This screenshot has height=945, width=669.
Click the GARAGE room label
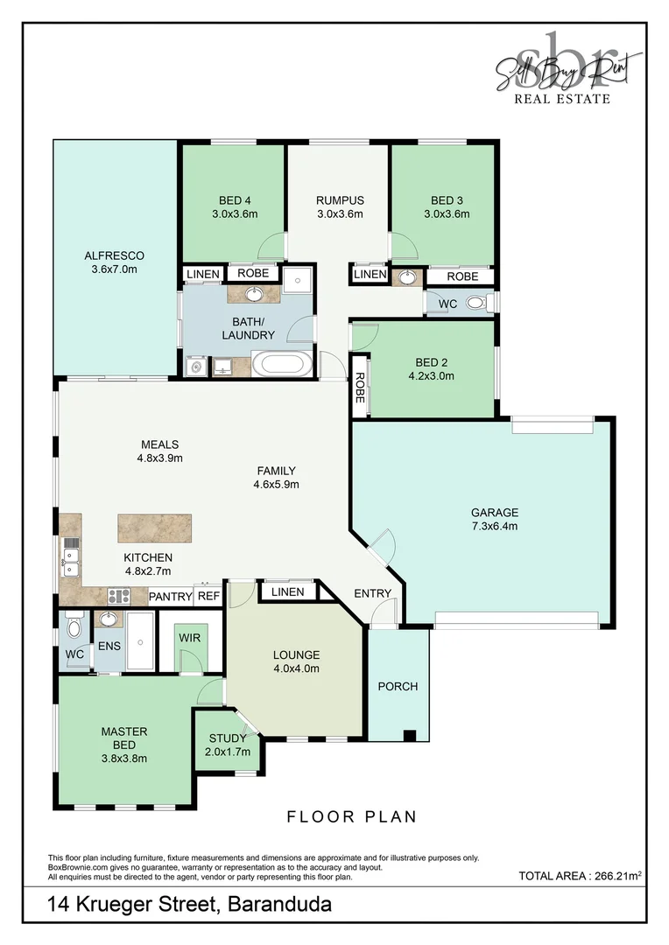495,512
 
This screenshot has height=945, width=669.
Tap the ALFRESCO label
114,255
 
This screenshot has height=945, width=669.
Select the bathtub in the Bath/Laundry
282,365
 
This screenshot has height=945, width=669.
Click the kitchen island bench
154,528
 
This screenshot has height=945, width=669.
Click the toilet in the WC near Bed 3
476,303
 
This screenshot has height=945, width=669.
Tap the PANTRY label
170,597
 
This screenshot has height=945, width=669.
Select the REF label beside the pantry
208,597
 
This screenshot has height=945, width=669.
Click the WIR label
189,638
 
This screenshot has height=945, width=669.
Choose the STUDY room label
228,738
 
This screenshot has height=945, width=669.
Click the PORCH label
398,687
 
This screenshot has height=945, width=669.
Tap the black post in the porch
410,735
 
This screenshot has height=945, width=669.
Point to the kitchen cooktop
119,596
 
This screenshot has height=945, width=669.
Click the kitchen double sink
71,562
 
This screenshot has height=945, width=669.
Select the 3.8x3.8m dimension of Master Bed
124,759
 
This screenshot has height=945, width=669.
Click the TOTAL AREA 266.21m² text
580,876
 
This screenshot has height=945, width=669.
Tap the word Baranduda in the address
280,905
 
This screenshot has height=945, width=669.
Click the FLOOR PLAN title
352,817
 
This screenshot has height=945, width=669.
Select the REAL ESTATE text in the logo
561,99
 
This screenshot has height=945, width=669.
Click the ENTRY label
372,593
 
